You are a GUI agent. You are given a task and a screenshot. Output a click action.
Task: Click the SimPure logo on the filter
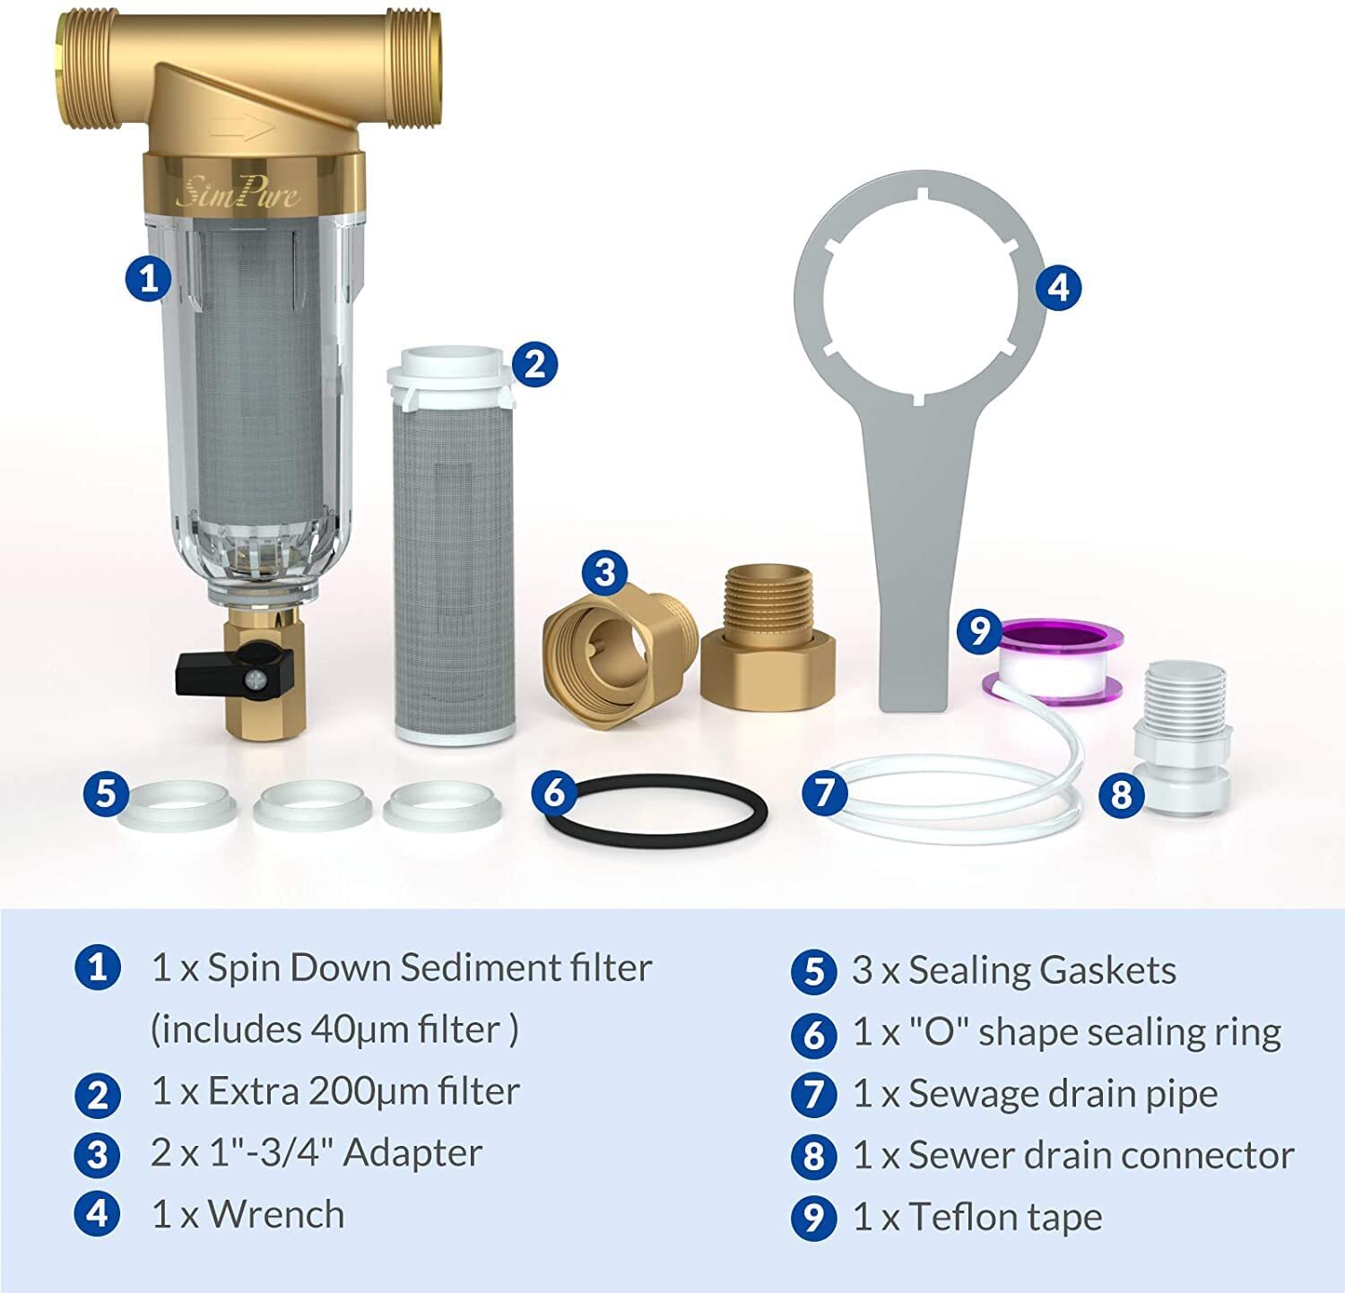point(238,192)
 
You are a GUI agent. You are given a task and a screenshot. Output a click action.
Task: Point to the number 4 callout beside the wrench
point(1059,288)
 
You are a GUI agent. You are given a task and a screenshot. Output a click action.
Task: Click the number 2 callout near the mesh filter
point(534,364)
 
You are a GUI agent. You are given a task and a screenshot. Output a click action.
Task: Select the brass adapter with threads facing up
point(768,638)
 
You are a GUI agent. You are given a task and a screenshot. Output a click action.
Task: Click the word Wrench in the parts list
point(276,1215)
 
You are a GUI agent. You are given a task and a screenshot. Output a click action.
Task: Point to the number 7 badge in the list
point(813,1095)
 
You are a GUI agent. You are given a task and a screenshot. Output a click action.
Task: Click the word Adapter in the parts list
point(412,1153)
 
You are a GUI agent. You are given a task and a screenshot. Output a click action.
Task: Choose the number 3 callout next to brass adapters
point(605,571)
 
